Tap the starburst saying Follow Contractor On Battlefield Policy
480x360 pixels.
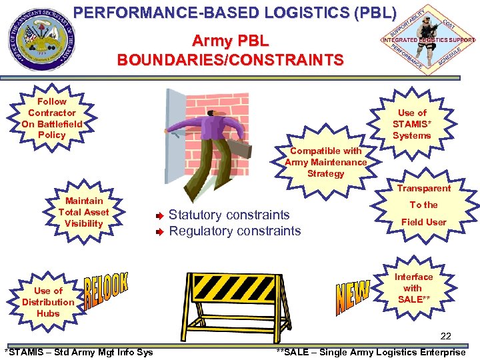(x=52, y=118)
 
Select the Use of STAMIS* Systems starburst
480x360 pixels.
(x=411, y=124)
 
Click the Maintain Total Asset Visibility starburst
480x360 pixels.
(x=84, y=212)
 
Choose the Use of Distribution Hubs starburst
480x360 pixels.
(x=48, y=302)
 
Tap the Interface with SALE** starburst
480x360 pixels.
(x=413, y=288)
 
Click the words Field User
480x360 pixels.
(x=423, y=222)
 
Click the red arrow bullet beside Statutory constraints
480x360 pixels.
(x=159, y=216)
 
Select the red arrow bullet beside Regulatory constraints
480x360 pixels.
(x=159, y=232)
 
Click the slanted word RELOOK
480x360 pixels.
(x=106, y=293)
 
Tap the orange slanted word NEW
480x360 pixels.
(x=353, y=297)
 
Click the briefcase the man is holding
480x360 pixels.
(x=241, y=150)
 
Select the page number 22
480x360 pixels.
(x=446, y=336)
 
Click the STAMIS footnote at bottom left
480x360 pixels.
(x=79, y=352)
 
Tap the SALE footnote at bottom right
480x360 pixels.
(x=371, y=352)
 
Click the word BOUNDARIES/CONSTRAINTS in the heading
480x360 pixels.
(x=230, y=60)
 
